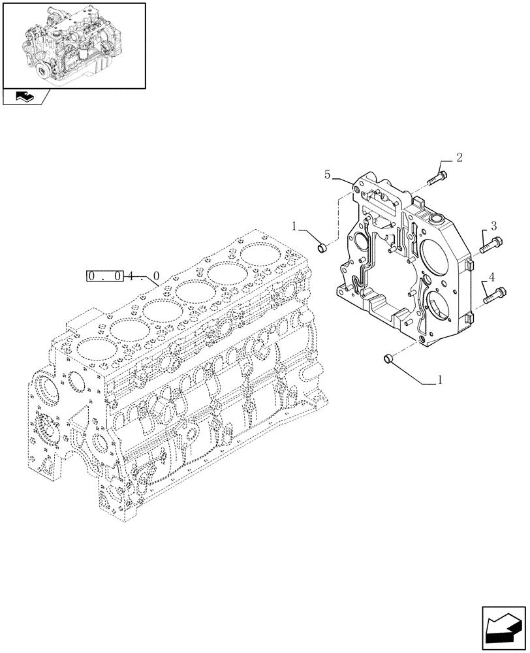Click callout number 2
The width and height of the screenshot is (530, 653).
(x=460, y=157)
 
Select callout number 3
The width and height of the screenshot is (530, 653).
(x=493, y=225)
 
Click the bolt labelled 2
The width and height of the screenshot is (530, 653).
(x=438, y=176)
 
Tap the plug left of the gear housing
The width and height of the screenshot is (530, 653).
(x=321, y=247)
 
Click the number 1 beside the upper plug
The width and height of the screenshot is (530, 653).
(x=294, y=226)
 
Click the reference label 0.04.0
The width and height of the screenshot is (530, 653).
(x=123, y=276)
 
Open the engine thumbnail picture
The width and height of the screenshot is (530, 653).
(x=73, y=45)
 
